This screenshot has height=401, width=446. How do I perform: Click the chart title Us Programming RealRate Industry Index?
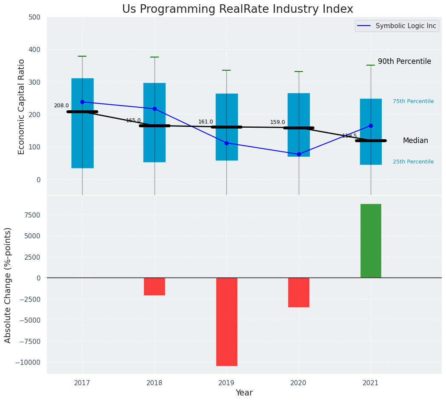pos(237,9)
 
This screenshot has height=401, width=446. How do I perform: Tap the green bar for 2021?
pos(371,241)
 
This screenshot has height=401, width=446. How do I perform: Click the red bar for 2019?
pos(226,321)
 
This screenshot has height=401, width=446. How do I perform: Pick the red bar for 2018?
pos(154,286)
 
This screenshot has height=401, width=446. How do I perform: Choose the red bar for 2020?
pos(299,292)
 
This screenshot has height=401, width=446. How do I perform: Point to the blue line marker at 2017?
pos(82,102)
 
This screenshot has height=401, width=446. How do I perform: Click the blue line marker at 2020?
pos(299,154)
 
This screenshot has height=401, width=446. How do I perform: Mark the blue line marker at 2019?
pos(226,143)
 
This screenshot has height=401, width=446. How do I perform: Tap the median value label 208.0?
pos(61,106)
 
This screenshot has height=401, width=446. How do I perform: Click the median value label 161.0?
pos(206,122)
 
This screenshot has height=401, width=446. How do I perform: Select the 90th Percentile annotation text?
pos(404,61)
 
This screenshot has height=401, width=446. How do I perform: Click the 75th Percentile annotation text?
pos(413,101)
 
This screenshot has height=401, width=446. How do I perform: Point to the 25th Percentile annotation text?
pos(413,162)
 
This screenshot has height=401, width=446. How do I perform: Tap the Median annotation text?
pos(415,140)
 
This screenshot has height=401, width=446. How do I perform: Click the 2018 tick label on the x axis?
pos(154,383)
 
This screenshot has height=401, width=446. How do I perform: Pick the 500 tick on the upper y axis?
pos(34,17)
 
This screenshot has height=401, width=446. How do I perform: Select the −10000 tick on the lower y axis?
pos(29,362)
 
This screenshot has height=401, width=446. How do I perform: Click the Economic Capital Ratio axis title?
pos(22,106)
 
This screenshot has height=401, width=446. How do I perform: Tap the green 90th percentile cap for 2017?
pos(82,56)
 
